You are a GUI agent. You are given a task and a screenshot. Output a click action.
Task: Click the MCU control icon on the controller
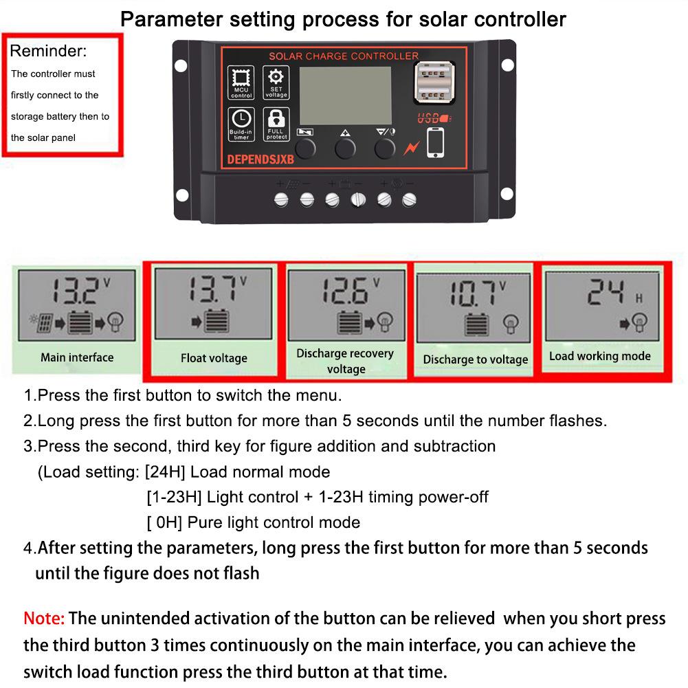241,82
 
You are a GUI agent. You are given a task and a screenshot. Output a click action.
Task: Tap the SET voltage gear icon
276,82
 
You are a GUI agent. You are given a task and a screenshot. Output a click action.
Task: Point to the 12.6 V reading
346,291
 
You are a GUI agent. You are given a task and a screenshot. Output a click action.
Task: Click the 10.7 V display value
474,294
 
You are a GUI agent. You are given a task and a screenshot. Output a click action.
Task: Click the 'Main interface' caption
77,357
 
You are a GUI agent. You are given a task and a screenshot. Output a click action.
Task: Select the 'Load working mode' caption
599,356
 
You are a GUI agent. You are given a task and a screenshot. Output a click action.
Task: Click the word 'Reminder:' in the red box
49,52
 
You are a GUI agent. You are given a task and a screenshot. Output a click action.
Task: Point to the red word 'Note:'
44,618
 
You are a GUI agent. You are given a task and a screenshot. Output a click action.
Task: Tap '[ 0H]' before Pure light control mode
165,522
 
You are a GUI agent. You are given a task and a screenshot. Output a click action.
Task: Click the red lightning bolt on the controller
411,146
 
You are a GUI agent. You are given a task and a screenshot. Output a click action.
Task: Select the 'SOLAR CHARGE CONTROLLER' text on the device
343,56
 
